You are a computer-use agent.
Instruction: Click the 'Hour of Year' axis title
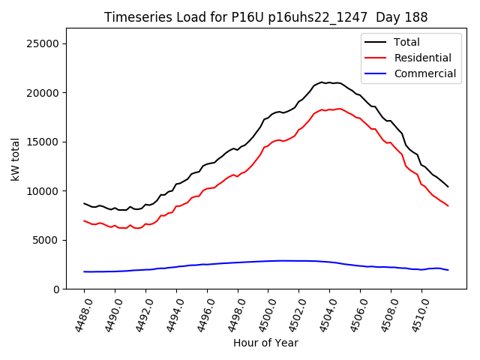(265, 343)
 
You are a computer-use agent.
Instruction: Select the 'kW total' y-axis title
(16, 159)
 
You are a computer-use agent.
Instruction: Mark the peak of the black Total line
(322, 82)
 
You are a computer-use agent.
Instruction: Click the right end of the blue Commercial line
(448, 270)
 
